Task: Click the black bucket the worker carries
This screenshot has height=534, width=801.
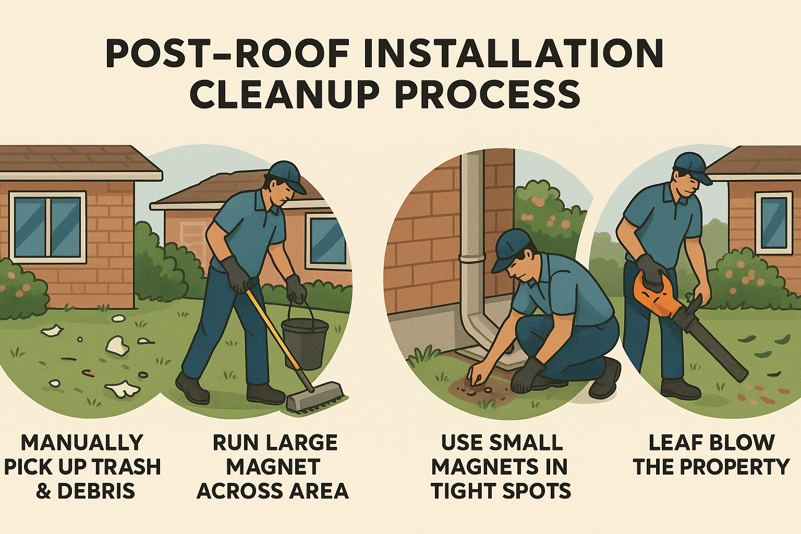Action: coord(305,342)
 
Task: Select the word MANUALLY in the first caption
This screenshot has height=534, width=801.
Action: coord(82,443)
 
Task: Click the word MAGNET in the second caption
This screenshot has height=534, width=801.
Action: coord(273,467)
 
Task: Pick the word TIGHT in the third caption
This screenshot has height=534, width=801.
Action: coord(463,491)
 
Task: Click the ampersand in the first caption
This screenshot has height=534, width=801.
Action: coord(44,491)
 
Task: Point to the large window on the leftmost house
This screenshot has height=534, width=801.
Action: coord(47,227)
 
